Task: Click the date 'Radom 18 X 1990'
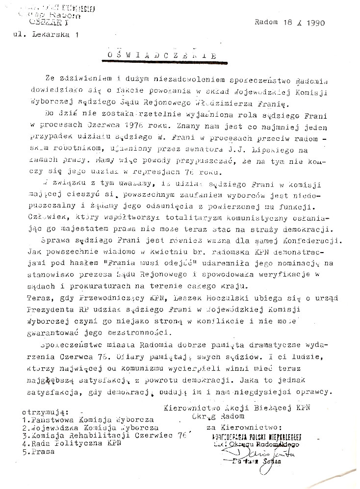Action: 290,23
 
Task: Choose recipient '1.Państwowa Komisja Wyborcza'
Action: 88,420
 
